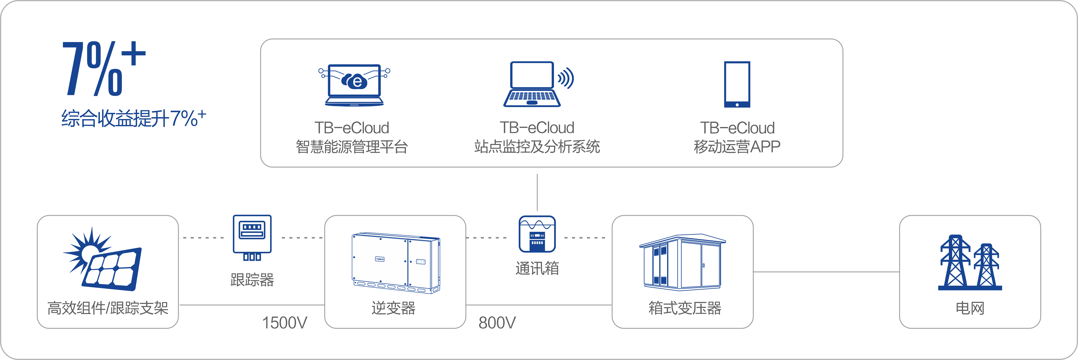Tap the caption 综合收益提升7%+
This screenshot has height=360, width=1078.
tap(133, 118)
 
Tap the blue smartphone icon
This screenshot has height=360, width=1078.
tap(737, 85)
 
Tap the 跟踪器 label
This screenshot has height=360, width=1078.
tap(252, 280)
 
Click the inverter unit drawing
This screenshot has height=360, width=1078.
tap(395, 262)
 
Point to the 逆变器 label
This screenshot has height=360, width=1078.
tap(393, 308)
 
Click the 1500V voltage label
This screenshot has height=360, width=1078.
tap(285, 323)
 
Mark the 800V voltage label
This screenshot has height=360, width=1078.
tap(497, 323)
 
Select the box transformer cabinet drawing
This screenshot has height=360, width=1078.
tap(682, 262)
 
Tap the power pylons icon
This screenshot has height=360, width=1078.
tap(970, 262)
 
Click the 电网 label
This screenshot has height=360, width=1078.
tap(970, 308)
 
